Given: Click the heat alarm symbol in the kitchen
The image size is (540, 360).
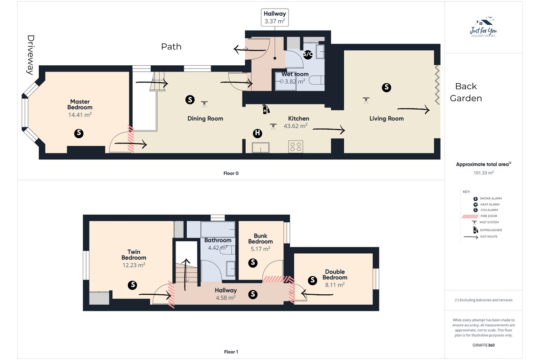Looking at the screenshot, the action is coord(257,133).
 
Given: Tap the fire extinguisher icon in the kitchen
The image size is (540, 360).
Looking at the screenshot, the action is coord(265,109).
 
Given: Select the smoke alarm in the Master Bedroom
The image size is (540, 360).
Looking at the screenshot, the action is coord(79,133).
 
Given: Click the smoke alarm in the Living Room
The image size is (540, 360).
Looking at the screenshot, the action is coord(387,88).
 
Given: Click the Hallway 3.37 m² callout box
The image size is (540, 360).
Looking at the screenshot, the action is coord(275,18).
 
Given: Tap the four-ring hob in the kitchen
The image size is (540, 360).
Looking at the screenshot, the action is coord(296,147).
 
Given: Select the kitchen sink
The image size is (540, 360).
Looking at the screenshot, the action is coord(261,148).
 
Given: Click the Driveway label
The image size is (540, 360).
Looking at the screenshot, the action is coord(31,55).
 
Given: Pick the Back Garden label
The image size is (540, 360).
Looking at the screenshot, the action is coord(466,92).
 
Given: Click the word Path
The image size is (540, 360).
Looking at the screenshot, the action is coord(171,46).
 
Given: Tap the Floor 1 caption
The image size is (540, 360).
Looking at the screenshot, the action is coord(231,352).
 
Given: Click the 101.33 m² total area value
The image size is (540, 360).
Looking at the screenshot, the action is coord(484,173).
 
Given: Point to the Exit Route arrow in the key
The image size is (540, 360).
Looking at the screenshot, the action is coord(471,237).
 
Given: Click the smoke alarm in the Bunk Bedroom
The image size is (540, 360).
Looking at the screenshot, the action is coord(253,263).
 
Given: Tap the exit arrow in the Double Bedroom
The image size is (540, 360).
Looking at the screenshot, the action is coord(317,294).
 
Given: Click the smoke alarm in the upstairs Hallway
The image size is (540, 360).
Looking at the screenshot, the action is coord(253,294).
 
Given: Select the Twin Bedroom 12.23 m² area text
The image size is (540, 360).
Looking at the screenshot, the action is coord(134,265).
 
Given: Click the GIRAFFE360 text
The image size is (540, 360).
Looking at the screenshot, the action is coord(484,345).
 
